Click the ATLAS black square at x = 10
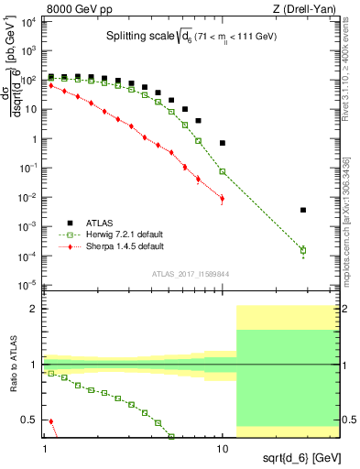point(223,143)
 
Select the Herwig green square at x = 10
point(223,171)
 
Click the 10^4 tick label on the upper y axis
point(29,22)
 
